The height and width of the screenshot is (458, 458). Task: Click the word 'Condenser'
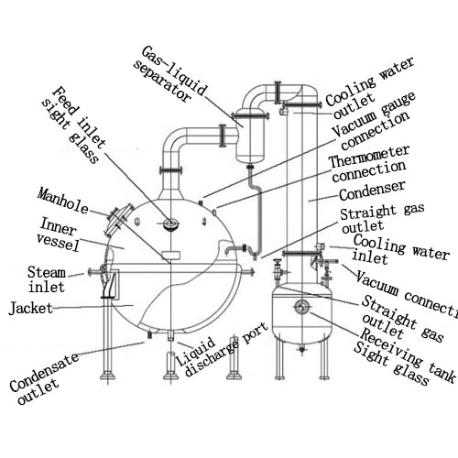[x=372, y=195]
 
